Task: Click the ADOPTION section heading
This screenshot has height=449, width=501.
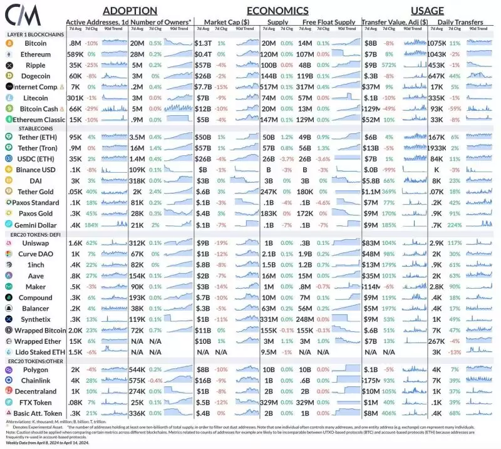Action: tap(130, 11)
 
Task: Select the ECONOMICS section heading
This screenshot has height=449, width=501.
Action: tap(277, 11)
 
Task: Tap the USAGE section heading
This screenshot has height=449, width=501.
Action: tap(428, 11)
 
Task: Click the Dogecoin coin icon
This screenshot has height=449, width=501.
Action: tap(9, 76)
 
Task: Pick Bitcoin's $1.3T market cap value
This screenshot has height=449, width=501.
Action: tap(203, 43)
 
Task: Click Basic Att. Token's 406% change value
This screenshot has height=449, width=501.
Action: tap(389, 413)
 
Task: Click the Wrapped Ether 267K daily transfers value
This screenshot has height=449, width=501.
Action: tap(435, 341)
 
